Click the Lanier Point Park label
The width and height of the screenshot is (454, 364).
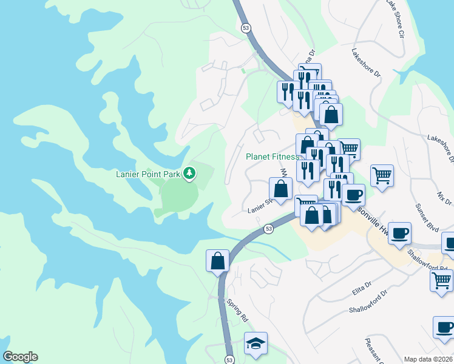[149, 174]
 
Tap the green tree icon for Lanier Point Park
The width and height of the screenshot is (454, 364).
[190, 174]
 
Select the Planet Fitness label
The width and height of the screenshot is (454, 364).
[272, 157]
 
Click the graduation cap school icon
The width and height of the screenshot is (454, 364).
[256, 343]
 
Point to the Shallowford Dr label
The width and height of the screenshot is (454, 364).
[368, 308]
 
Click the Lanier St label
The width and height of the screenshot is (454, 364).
[258, 210]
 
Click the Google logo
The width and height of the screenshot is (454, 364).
[20, 357]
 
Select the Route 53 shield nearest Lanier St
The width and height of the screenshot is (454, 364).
[269, 229]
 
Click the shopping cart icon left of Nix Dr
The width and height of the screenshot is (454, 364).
[382, 176]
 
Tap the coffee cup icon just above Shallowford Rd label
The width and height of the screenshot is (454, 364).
[399, 234]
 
